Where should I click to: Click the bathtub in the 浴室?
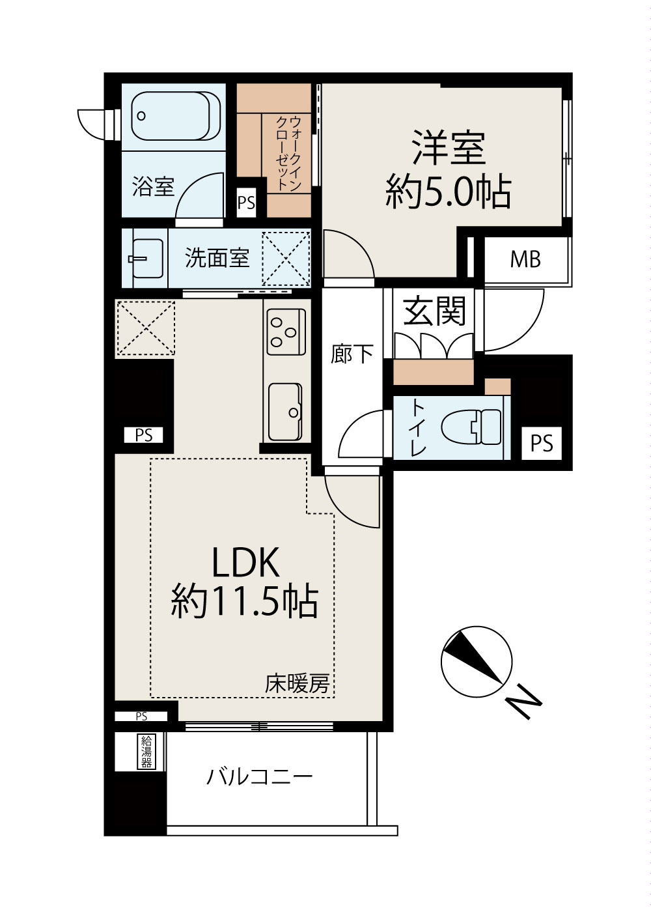tap(176, 116)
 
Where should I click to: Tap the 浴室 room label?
tap(153, 187)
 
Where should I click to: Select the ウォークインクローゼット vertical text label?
tap(289, 153)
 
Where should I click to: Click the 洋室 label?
tap(449, 147)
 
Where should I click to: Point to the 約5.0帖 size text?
tap(448, 192)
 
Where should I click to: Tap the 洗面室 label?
tap(217, 257)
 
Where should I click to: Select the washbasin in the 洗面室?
tap(147, 259)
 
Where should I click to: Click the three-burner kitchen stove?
tap(286, 332)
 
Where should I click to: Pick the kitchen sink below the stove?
tap(286, 412)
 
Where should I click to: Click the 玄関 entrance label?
tap(434, 312)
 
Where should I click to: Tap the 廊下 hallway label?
tap(352, 354)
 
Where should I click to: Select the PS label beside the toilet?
tap(542, 443)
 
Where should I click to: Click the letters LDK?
tap(245, 563)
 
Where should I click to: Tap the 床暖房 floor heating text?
tap(297, 684)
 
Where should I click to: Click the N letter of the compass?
tap(523, 704)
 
